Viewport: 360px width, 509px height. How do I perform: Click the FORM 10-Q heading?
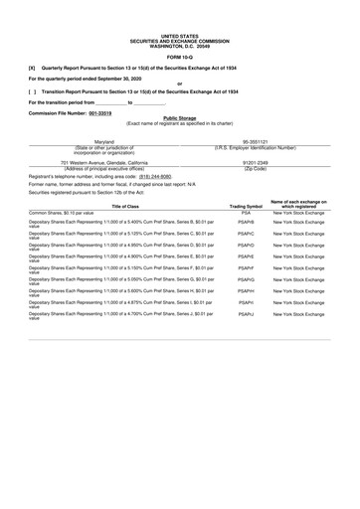179,56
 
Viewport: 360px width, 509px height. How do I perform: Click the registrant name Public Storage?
179,118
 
